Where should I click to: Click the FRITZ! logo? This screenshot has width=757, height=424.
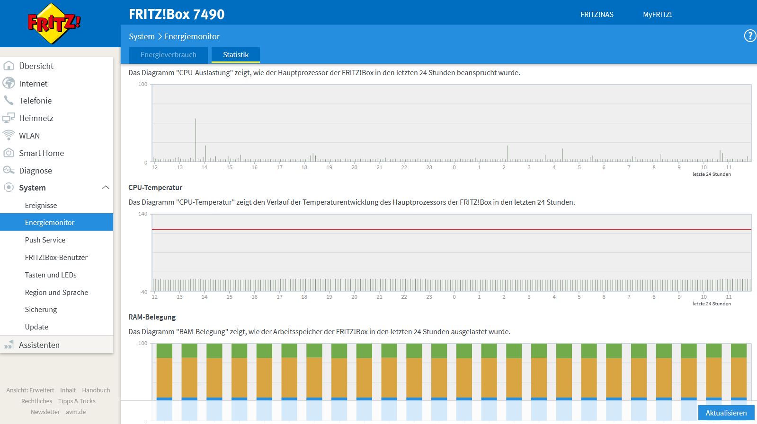(x=54, y=23)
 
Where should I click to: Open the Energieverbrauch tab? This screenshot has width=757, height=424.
(x=168, y=55)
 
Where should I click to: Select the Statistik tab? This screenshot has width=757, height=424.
(x=236, y=55)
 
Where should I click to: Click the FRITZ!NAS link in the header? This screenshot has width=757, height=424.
(x=597, y=15)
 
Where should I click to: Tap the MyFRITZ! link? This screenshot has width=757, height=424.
(x=657, y=15)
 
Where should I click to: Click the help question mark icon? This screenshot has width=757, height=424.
(x=750, y=36)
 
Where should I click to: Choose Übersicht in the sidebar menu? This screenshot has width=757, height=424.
(x=36, y=66)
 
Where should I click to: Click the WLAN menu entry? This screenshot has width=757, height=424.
(x=29, y=136)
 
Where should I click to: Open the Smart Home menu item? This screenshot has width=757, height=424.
(x=42, y=153)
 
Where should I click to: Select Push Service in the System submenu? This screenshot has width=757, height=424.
(x=45, y=240)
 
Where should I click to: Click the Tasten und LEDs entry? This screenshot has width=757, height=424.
(x=51, y=275)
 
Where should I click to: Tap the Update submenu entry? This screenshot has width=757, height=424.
(x=36, y=327)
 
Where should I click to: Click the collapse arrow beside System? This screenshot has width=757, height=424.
(x=106, y=188)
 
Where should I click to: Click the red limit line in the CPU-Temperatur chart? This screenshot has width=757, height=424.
(x=452, y=230)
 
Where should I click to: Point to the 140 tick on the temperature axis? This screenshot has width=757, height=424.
(x=143, y=214)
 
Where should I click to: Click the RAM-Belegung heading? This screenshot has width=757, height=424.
(x=152, y=317)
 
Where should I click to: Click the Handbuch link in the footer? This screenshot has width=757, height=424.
(x=96, y=390)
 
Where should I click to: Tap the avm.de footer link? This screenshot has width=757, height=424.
(x=76, y=412)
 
